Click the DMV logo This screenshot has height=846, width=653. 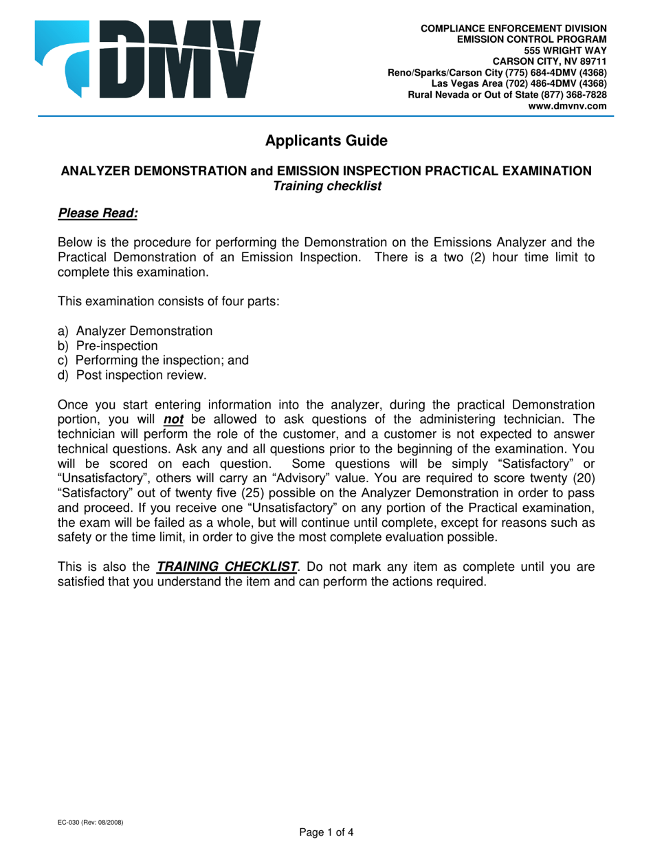148,58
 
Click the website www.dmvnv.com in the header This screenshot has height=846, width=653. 567,107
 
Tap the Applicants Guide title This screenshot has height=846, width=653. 326,141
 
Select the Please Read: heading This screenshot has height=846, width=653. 98,213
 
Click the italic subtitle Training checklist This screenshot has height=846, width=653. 326,186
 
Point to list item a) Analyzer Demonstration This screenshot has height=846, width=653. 135,331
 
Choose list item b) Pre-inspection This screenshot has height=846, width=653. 108,346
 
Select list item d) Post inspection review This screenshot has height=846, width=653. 132,375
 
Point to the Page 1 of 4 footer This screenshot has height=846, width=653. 326,833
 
